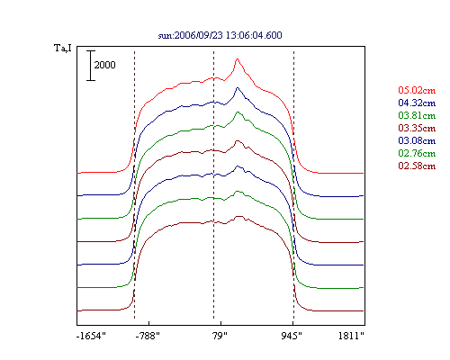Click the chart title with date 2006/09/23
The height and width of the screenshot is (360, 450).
point(220,35)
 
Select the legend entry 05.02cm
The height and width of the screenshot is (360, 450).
point(417,90)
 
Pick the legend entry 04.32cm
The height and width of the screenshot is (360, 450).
point(417,103)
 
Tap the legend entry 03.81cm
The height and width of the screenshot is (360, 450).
point(417,115)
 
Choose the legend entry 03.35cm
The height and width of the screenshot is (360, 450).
point(417,128)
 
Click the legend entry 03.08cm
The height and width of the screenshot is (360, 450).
point(417,140)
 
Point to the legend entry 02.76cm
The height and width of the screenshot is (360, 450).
point(417,153)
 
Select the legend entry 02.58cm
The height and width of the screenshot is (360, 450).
point(417,166)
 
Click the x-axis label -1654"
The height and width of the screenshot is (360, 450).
point(91,336)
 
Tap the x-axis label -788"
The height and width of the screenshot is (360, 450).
point(148,336)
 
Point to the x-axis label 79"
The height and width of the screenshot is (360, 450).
point(220,336)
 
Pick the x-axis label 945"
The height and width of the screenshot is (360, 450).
point(292,336)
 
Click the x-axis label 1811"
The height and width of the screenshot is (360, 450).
point(351,336)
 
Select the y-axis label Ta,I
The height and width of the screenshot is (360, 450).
point(63,49)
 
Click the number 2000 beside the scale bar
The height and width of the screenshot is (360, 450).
point(104,65)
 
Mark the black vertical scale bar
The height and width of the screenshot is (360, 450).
point(91,66)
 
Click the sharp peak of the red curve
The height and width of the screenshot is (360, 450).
point(238,58)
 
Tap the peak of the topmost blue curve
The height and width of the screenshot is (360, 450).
point(238,87)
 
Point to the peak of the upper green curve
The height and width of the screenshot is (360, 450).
point(238,112)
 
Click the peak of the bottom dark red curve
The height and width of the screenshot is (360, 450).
point(239,216)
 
